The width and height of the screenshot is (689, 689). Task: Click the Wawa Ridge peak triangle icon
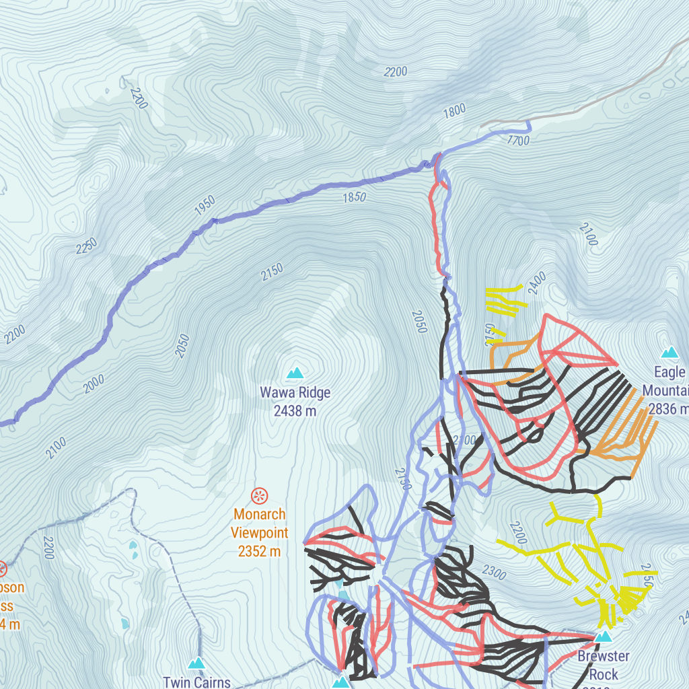coord(295,373)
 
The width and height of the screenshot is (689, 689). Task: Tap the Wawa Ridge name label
coord(295,392)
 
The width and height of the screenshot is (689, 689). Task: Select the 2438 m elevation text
coord(295,410)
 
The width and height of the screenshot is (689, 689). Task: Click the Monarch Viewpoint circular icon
coord(259,497)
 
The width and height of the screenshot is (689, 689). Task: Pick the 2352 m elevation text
coord(260,552)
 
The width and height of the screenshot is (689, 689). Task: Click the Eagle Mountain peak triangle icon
coord(669,352)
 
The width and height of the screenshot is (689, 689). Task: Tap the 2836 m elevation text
coord(668,409)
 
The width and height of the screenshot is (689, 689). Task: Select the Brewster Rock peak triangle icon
coord(604,637)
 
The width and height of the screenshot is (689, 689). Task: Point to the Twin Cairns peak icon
coord(196,663)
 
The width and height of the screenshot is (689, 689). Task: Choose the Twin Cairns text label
coord(196,682)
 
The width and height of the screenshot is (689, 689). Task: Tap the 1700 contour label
coord(518,141)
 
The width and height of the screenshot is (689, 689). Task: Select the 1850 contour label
coord(354,197)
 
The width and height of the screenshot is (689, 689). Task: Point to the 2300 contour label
coord(494,573)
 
